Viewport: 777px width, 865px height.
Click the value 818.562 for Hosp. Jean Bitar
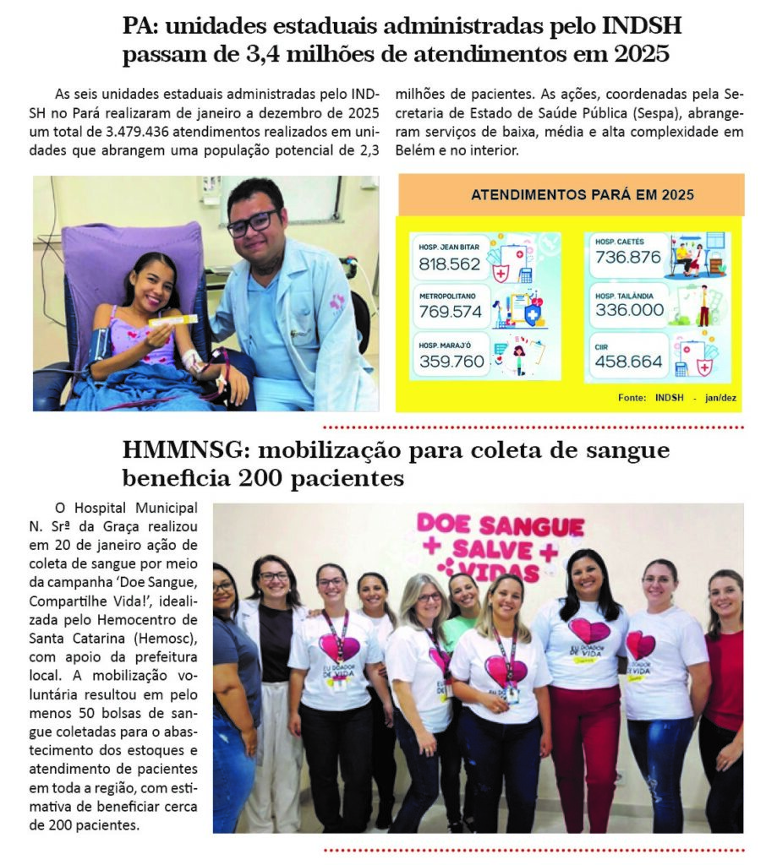[x=450, y=264]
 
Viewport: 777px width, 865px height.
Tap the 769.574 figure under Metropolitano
[x=451, y=312]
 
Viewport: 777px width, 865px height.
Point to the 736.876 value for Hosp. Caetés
[x=628, y=257]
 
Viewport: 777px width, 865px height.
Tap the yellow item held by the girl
[x=173, y=320]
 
